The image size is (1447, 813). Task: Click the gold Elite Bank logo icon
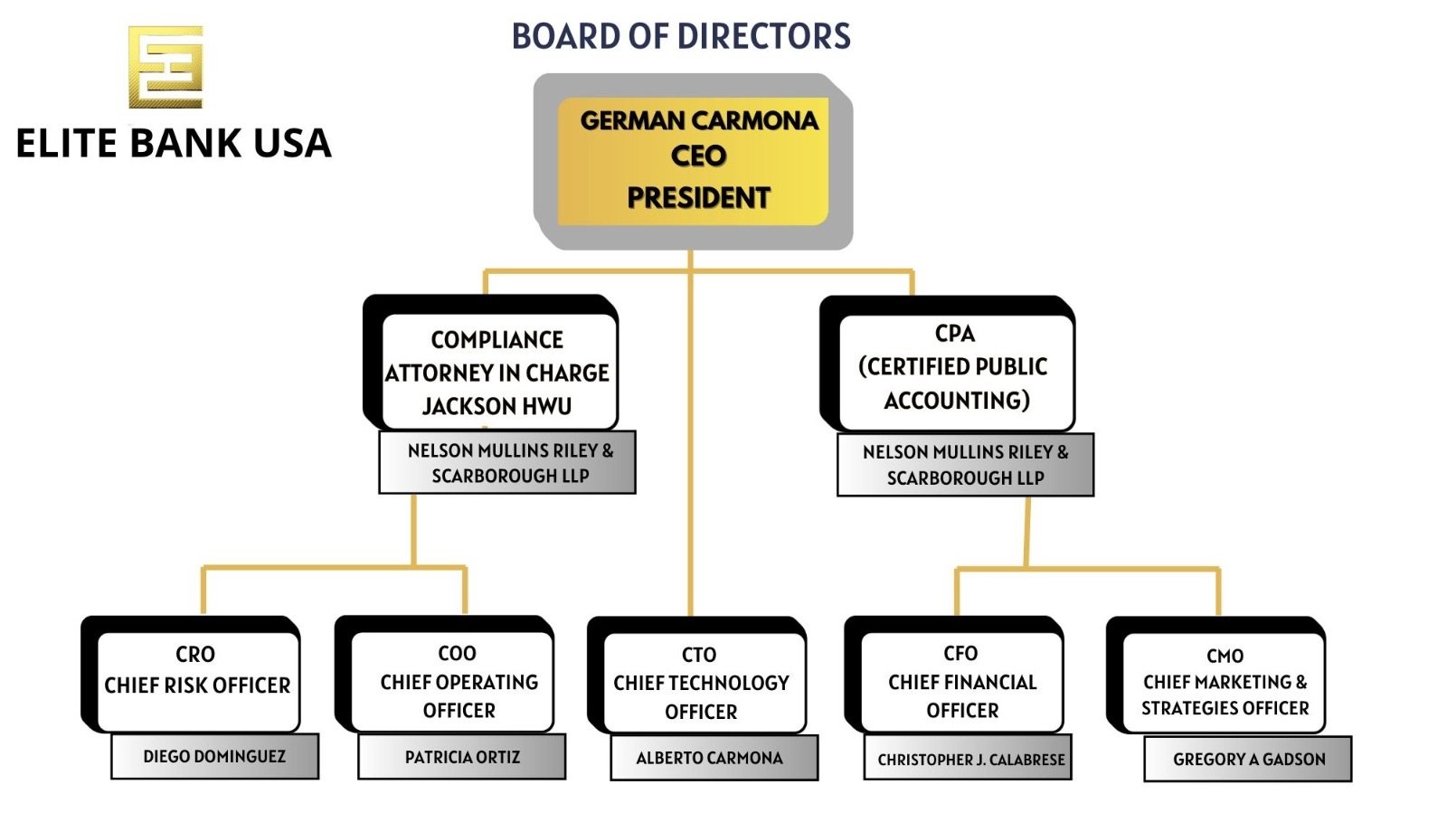pyautogui.click(x=166, y=67)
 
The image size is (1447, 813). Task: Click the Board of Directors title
pyautogui.click(x=681, y=36)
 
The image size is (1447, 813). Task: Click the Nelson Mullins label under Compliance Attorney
pyautogui.click(x=508, y=463)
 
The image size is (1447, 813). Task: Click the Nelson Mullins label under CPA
pyautogui.click(x=965, y=465)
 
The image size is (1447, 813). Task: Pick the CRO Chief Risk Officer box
pyautogui.click(x=197, y=680)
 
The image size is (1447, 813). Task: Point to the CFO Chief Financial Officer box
pyautogui.click(x=961, y=680)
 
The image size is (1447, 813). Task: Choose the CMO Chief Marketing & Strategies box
pyautogui.click(x=1224, y=682)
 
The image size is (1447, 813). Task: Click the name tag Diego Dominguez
pyautogui.click(x=214, y=756)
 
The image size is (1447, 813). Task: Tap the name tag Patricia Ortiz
pyautogui.click(x=462, y=757)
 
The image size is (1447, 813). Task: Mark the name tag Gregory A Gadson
pyautogui.click(x=1248, y=759)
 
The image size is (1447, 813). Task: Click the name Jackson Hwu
pyautogui.click(x=497, y=406)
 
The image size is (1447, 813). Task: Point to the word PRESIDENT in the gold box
pyautogui.click(x=698, y=198)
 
